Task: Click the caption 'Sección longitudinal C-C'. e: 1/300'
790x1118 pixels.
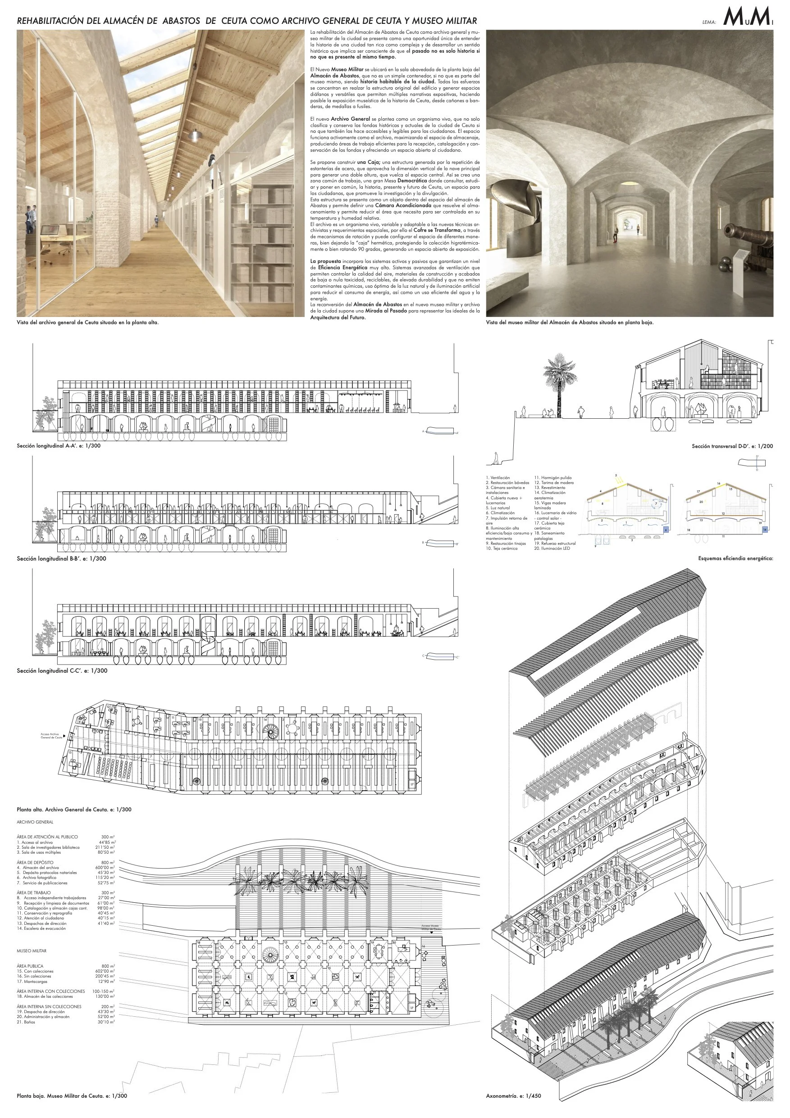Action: [x=62, y=670]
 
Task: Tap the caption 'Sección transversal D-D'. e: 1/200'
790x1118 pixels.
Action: [x=732, y=446]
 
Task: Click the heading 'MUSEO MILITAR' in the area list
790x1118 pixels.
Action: [x=32, y=951]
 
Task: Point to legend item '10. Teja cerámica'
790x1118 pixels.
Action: [x=502, y=548]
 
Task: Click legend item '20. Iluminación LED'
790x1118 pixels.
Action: [x=552, y=548]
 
